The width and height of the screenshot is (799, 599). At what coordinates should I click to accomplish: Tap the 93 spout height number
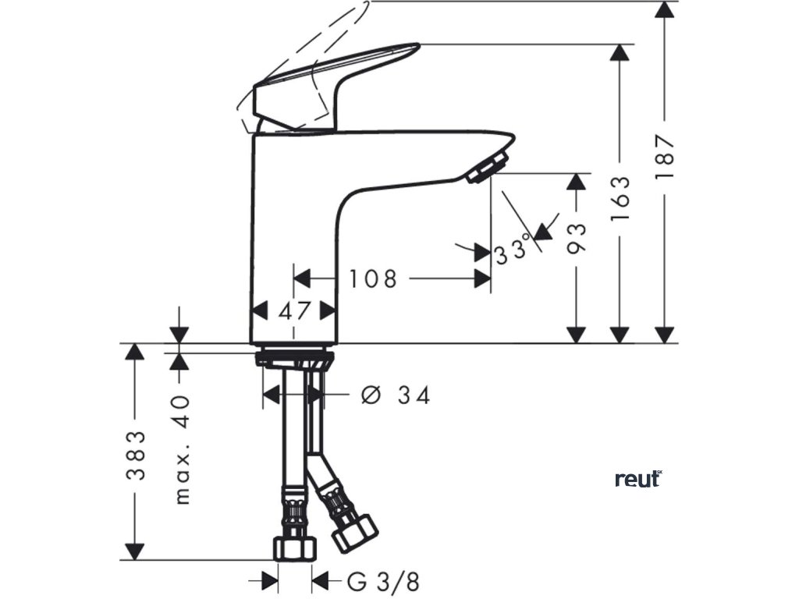(576, 237)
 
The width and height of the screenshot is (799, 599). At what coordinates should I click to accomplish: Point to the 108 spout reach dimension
(372, 278)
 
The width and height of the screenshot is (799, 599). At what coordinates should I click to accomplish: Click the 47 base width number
(294, 310)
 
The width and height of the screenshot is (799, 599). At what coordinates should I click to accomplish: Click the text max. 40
(181, 449)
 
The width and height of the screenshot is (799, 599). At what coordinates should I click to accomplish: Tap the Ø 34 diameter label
(396, 396)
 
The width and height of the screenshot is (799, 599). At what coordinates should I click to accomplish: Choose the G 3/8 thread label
(383, 581)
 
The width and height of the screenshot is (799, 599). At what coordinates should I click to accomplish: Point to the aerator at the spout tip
(488, 168)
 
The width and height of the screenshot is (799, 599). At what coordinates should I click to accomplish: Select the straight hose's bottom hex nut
(294, 548)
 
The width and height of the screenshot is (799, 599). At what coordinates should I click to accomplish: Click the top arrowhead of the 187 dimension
(665, 9)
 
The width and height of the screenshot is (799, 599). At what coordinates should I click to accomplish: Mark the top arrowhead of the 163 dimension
(620, 53)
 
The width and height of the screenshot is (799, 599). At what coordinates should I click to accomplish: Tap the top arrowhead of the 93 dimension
(576, 181)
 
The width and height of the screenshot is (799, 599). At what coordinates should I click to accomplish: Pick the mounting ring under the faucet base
(294, 360)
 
